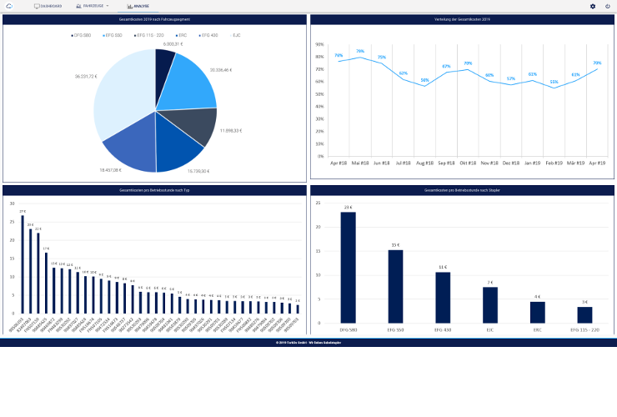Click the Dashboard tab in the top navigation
[48, 6]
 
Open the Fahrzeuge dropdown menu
[92, 6]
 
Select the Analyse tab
[138, 6]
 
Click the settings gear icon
[593, 6]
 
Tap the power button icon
[608, 6]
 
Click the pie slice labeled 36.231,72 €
[121, 96]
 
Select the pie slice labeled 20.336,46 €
[188, 83]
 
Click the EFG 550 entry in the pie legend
[110, 35]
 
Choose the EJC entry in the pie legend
[234, 35]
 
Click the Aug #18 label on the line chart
[424, 163]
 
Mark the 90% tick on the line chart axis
[320, 45]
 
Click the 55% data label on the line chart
[554, 82]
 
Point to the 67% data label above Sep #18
[446, 66]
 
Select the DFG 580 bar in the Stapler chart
[348, 267]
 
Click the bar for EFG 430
[443, 298]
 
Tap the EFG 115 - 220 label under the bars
[585, 330]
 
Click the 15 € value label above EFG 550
[395, 245]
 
